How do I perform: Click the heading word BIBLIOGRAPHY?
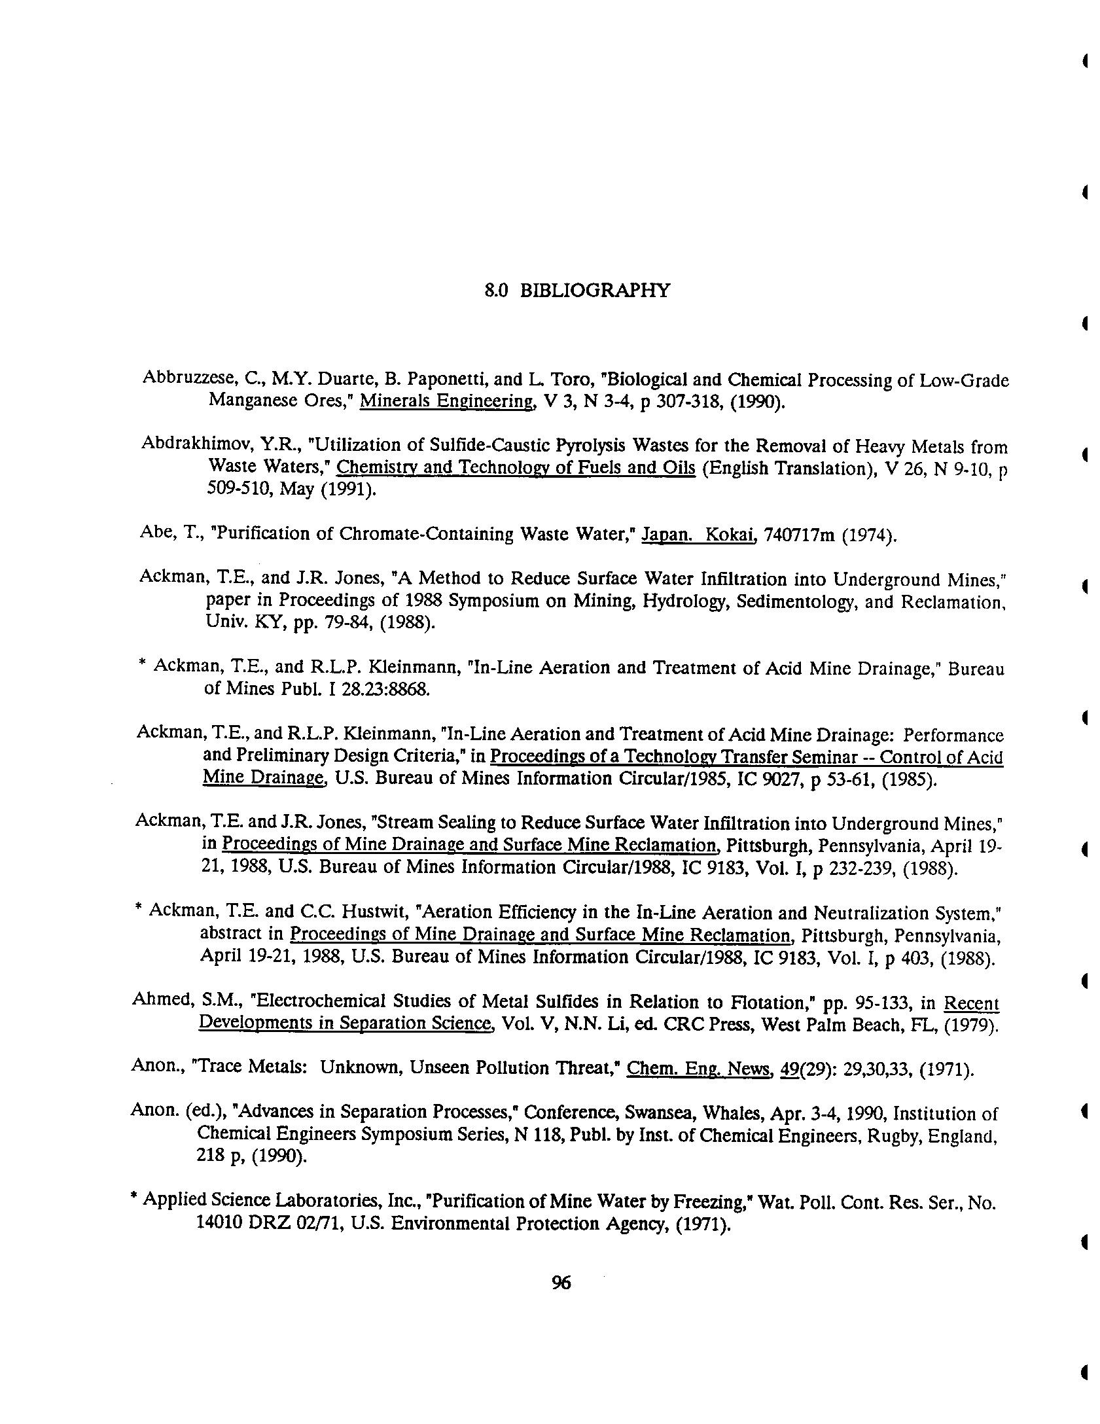[595, 291]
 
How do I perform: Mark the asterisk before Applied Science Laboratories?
[134, 1198]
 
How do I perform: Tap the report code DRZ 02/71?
[296, 1224]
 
